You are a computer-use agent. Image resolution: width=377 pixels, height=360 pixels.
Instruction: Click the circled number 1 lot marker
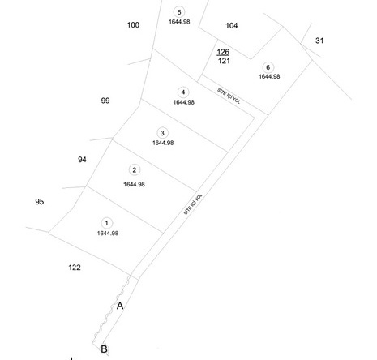click(x=107, y=223)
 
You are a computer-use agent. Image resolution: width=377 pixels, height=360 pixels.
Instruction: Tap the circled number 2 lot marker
click(x=135, y=170)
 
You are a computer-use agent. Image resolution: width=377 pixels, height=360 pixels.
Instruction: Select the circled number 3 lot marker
click(x=162, y=133)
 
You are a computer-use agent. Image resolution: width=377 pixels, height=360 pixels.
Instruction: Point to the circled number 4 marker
click(x=183, y=92)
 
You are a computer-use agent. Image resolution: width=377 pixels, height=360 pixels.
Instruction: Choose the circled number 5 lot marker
click(x=179, y=12)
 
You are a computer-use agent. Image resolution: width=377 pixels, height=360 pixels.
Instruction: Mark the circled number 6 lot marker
click(x=268, y=67)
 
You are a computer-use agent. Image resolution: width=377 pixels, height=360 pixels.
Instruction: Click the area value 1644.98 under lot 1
click(x=108, y=234)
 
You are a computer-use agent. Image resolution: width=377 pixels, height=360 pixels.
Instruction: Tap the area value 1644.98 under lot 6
click(x=269, y=76)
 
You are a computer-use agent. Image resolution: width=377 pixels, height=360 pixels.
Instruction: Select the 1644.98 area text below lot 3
click(x=163, y=143)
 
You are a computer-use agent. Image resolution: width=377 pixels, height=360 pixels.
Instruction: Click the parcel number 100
click(x=133, y=25)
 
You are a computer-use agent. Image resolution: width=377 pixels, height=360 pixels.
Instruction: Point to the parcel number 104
click(x=232, y=26)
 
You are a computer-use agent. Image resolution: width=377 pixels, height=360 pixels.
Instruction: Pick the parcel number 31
click(x=319, y=41)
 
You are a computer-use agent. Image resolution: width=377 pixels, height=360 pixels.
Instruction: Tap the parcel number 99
click(x=105, y=101)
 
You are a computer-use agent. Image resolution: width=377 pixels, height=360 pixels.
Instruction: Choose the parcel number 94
click(x=82, y=160)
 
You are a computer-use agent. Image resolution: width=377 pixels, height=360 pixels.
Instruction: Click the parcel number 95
click(x=40, y=202)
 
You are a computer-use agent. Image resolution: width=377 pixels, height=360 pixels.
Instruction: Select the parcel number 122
click(x=75, y=268)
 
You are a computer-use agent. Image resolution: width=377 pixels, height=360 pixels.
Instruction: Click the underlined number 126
click(x=223, y=52)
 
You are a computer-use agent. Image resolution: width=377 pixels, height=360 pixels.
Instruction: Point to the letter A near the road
click(x=120, y=306)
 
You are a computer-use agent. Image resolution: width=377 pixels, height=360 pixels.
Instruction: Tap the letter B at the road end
click(x=104, y=349)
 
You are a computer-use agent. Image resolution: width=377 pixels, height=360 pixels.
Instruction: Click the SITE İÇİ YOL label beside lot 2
click(x=193, y=204)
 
